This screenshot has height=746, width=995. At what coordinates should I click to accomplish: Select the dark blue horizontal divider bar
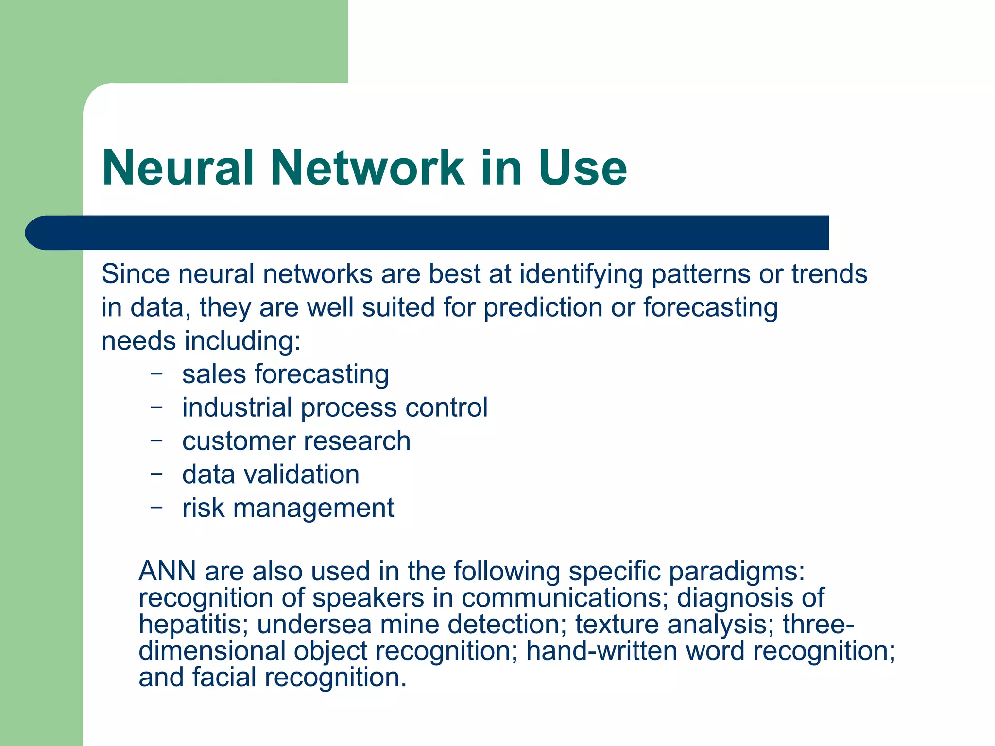point(428,233)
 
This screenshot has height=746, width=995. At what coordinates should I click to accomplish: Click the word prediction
point(543,308)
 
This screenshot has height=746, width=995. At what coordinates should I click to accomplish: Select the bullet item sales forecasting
point(286,374)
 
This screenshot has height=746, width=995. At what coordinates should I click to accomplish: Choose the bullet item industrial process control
point(335,408)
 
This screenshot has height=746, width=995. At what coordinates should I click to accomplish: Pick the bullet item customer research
point(296,441)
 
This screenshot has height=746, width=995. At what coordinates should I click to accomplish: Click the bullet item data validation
point(271,475)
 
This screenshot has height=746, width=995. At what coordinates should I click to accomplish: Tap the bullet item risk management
point(288,509)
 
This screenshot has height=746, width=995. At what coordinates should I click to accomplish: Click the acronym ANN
point(167,571)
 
